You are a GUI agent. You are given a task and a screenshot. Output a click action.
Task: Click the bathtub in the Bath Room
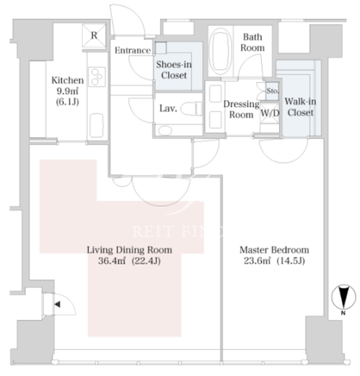220,52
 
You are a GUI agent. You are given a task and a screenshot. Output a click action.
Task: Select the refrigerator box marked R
94,35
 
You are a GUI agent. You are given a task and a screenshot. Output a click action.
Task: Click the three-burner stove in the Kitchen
96,77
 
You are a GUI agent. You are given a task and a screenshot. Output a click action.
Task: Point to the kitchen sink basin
96,125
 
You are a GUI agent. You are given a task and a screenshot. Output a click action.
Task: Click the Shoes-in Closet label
174,70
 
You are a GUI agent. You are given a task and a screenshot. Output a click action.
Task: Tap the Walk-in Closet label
301,107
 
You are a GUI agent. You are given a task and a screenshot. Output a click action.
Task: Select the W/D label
270,113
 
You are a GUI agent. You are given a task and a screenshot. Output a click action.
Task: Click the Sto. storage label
272,91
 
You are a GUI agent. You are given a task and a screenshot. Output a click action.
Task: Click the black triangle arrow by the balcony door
58,304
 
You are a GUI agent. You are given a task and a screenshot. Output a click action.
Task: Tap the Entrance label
133,51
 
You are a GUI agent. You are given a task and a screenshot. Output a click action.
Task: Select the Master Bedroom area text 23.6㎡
257,260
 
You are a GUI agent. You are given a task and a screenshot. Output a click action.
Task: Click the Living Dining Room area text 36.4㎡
112,260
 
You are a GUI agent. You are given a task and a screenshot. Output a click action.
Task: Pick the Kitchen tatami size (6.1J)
67,102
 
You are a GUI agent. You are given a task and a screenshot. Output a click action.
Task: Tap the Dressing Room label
241,110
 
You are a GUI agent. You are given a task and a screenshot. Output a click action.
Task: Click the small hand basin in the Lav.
164,130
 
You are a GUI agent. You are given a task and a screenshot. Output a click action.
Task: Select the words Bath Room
252,42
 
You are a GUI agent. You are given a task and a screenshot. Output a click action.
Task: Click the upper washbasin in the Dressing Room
215,93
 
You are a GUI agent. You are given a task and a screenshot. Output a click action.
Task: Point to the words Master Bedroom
275,250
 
